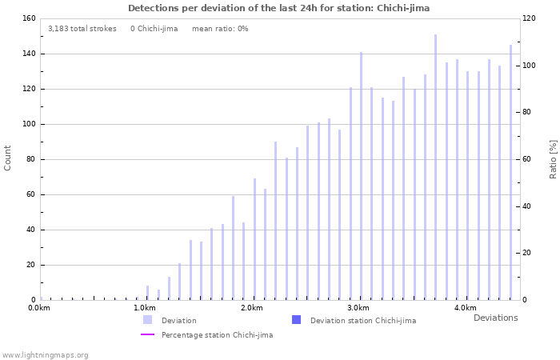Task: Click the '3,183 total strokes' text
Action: [x=82, y=28]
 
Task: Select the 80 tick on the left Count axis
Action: [x=30, y=159]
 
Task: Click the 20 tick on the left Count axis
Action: [x=30, y=265]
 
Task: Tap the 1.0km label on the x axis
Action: [x=145, y=308]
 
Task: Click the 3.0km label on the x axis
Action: [x=358, y=308]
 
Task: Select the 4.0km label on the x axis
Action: [x=465, y=308]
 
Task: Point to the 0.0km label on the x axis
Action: [x=39, y=308]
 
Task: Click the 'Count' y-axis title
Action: [x=8, y=158]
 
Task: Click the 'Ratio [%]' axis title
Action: [x=553, y=158]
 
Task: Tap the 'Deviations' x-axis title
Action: [x=495, y=318]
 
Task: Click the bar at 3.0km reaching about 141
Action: [x=361, y=176]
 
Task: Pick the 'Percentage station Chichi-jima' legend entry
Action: [x=216, y=334]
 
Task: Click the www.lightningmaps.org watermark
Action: [x=45, y=354]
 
